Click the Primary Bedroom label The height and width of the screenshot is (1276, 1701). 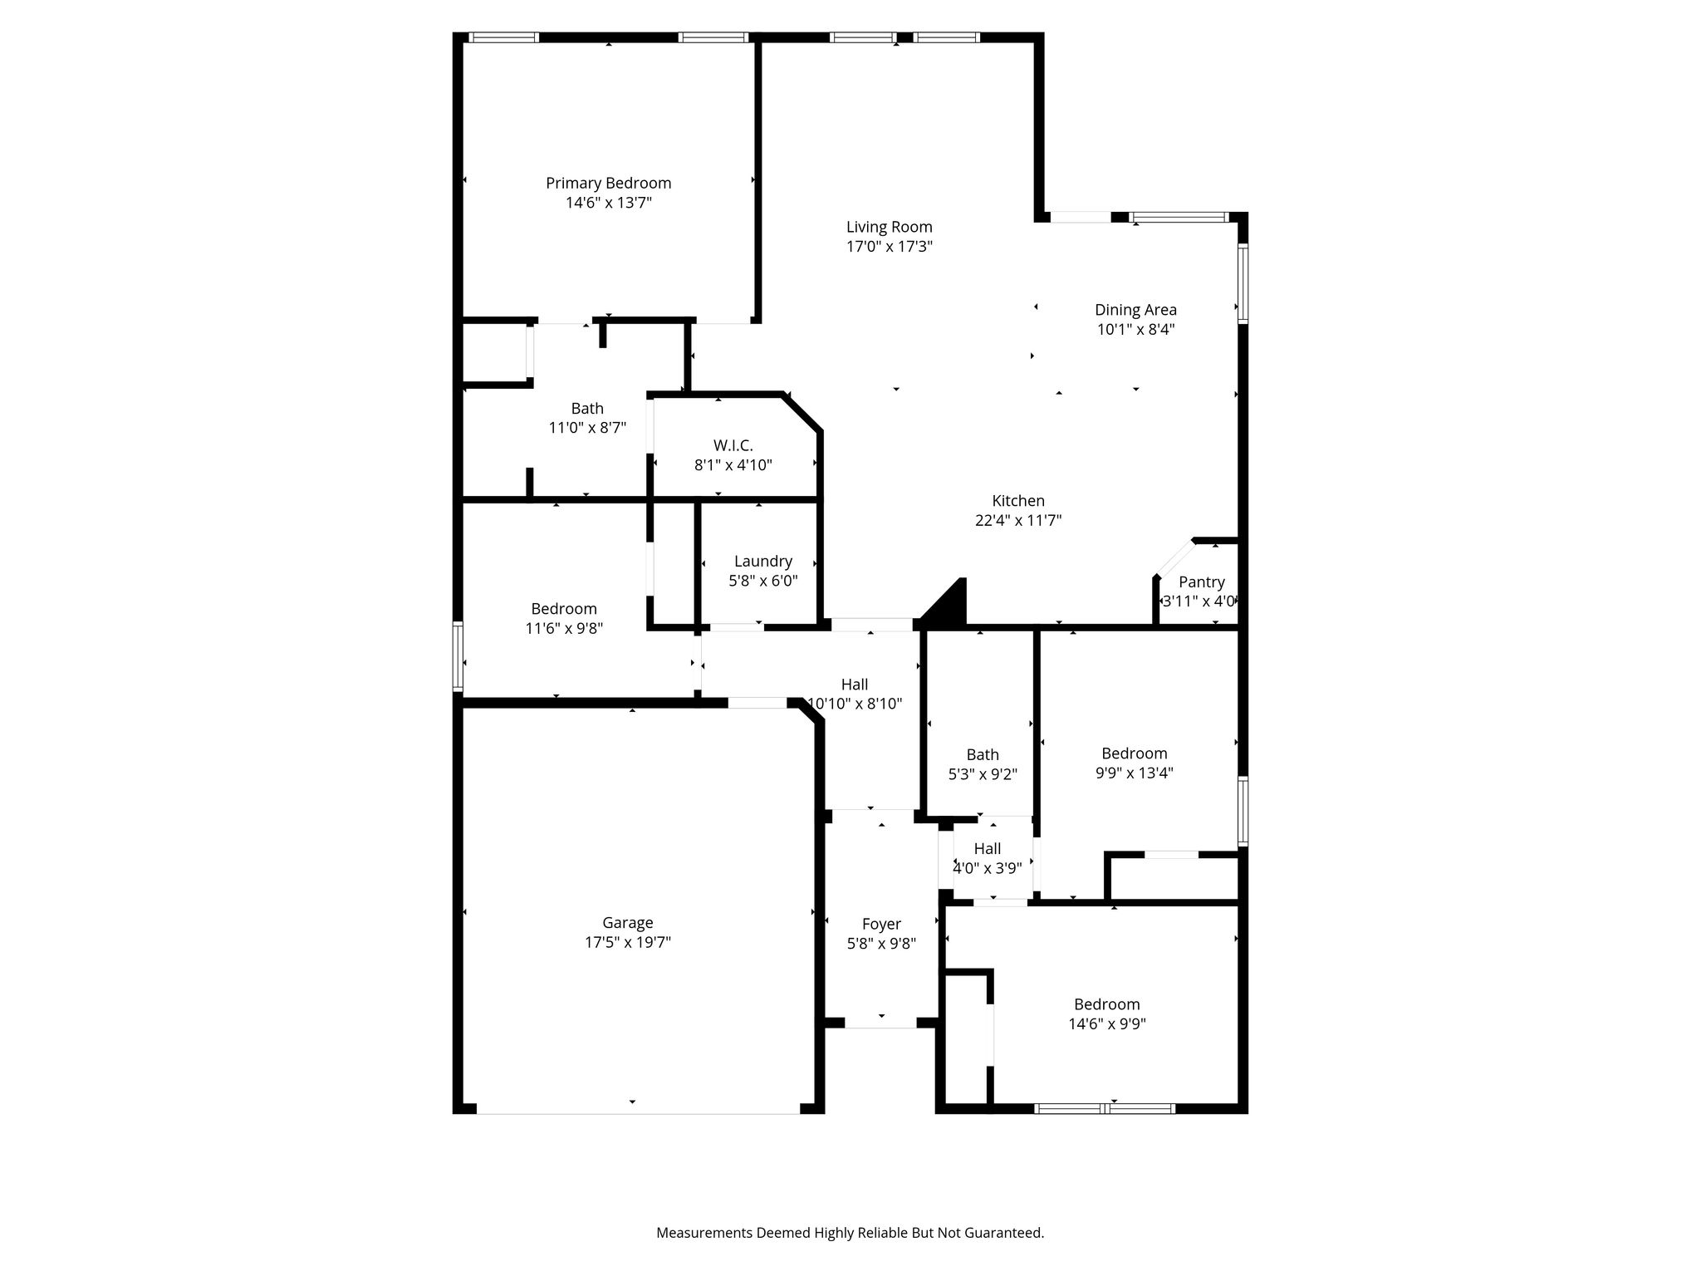[608, 183]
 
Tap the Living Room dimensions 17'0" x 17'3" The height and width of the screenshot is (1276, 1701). [889, 247]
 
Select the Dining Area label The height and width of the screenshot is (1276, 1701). [1135, 310]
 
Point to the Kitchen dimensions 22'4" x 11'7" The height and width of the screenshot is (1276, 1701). [1018, 521]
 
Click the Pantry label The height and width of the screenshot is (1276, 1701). [1201, 582]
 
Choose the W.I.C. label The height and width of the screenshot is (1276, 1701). [733, 446]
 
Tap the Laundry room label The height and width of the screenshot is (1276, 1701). [762, 562]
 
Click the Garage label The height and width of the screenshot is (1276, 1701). [627, 923]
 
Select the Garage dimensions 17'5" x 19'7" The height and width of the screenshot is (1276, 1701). [627, 943]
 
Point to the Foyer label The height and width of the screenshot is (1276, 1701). [881, 924]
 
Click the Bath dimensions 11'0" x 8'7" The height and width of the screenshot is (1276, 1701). [587, 429]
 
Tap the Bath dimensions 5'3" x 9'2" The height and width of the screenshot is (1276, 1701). [983, 774]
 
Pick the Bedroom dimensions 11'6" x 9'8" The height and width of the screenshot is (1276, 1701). [564, 629]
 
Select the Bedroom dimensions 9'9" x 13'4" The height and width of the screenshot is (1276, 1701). [1134, 773]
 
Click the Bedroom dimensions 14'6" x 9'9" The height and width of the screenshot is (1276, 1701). [1107, 1024]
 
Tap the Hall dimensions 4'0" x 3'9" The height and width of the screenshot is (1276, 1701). [987, 869]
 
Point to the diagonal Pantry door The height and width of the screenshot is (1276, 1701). [1174, 558]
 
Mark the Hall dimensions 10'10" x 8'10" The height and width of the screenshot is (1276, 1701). [855, 704]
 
